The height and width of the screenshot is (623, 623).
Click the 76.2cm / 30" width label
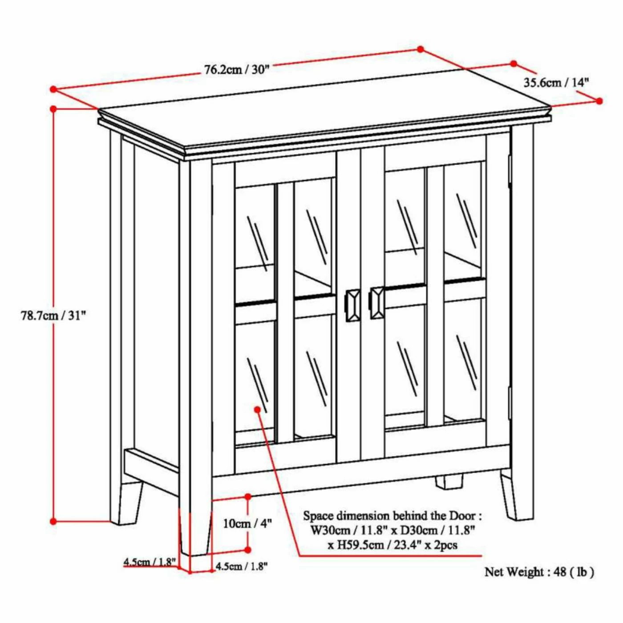point(237,69)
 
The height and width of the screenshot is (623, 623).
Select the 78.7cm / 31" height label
point(53,316)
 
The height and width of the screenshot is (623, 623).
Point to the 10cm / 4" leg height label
point(247,523)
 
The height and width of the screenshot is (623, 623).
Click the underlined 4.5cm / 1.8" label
point(150,562)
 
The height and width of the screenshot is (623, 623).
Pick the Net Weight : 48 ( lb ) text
point(539,572)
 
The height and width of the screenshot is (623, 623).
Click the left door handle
point(353,304)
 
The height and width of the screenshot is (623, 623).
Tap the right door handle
point(376,303)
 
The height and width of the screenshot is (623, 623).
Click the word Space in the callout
point(318,516)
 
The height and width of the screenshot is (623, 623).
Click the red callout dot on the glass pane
point(257,409)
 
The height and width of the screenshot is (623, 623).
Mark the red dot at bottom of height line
point(53,521)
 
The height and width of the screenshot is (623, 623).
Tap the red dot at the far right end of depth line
point(599,101)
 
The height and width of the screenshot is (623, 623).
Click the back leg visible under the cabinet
point(449,482)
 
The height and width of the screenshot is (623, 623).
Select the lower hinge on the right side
point(510,403)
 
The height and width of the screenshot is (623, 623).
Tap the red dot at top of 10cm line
point(248,496)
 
